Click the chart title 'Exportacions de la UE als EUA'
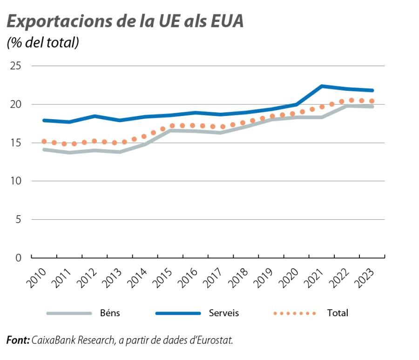point(125,21)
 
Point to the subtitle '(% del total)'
point(43,43)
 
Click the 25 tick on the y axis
point(16,66)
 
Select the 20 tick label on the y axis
point(16,104)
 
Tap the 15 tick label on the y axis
point(16,143)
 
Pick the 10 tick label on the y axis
point(16,181)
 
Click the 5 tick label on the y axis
point(19,219)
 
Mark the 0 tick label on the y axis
point(19,258)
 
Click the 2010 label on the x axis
point(37,278)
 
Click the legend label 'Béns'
point(110,313)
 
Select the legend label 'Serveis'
point(223,313)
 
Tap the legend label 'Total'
point(338,313)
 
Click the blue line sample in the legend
point(178,313)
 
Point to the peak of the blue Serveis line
point(322,86)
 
